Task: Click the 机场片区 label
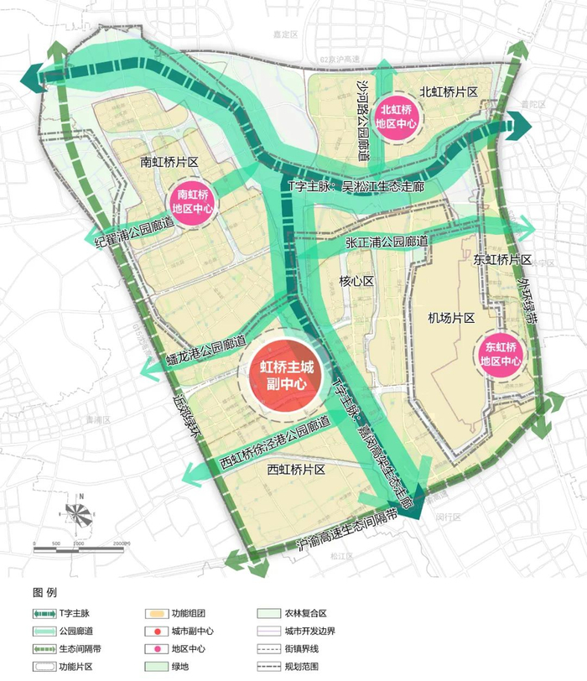[x=451, y=319]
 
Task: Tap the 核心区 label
[x=356, y=280]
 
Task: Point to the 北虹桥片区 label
[x=449, y=92]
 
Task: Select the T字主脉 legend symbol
[x=44, y=614]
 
